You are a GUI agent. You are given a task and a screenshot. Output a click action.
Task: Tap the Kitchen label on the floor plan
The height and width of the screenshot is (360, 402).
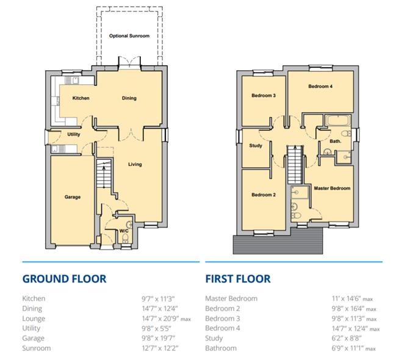tap(81, 98)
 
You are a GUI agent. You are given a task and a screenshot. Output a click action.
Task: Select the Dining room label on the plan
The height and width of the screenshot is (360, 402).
tap(129, 98)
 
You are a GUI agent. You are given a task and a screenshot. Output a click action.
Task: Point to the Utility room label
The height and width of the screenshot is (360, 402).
tap(74, 134)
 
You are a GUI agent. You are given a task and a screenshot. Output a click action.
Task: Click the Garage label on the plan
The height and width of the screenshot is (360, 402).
tap(73, 197)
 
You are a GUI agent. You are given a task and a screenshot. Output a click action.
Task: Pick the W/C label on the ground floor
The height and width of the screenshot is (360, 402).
tap(124, 231)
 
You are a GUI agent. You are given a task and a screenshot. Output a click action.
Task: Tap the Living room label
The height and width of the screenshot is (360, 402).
tap(135, 164)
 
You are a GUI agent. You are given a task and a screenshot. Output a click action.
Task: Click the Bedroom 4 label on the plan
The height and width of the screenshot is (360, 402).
tap(320, 87)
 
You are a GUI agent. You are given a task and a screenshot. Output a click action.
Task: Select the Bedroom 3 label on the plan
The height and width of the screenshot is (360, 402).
tap(264, 95)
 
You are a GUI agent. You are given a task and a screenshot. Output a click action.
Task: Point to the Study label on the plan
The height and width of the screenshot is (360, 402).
tap(256, 145)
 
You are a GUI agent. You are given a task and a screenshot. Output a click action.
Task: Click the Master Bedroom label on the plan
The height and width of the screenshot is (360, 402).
tap(332, 189)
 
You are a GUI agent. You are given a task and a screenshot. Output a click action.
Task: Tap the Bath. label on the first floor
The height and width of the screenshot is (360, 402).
tap(335, 142)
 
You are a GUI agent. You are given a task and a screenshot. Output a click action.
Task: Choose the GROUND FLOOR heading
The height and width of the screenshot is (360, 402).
tap(64, 279)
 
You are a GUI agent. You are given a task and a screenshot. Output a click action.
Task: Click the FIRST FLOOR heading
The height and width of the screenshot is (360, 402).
tap(238, 279)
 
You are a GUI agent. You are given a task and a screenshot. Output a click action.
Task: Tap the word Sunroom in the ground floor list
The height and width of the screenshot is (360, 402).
tap(36, 348)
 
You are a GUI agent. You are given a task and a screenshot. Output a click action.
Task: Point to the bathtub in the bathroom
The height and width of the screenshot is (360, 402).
tap(336, 120)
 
